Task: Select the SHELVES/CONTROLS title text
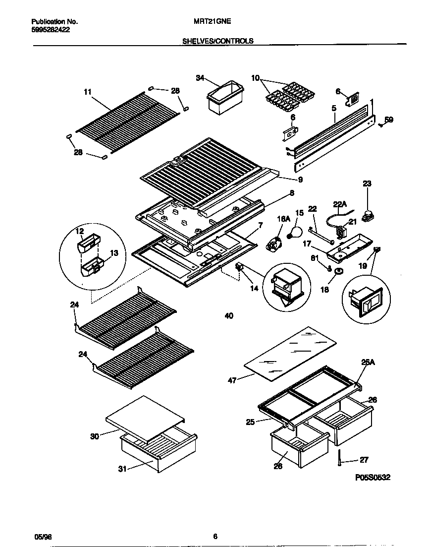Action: click(218, 41)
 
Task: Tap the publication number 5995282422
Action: click(50, 30)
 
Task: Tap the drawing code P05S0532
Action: click(373, 478)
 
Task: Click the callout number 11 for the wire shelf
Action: click(88, 91)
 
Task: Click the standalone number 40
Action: click(228, 316)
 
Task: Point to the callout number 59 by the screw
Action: click(389, 120)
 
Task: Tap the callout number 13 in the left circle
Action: click(114, 253)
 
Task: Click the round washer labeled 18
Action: click(338, 271)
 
